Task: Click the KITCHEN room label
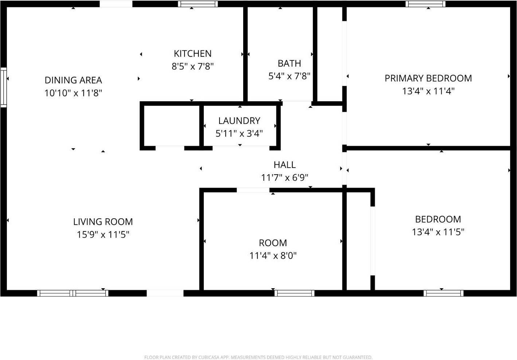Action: pyautogui.click(x=193, y=54)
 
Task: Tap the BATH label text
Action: pyautogui.click(x=289, y=63)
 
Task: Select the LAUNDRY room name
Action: pyautogui.click(x=239, y=121)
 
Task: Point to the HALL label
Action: pyautogui.click(x=284, y=165)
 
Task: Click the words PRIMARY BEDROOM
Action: pyautogui.click(x=428, y=78)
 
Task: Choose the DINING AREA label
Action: pyautogui.click(x=73, y=80)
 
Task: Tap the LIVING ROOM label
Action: pyautogui.click(x=103, y=222)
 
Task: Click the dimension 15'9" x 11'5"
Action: pyautogui.click(x=103, y=234)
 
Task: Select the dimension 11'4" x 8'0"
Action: pyautogui.click(x=273, y=255)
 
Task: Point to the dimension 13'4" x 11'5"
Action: pyautogui.click(x=438, y=232)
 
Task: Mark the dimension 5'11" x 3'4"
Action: pyautogui.click(x=239, y=133)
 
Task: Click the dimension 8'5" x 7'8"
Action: pyautogui.click(x=193, y=66)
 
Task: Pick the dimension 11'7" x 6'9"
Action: pyautogui.click(x=284, y=177)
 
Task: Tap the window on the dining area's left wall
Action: pyautogui.click(x=3, y=87)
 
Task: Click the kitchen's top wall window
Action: pyautogui.click(x=198, y=4)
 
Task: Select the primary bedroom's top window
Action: pyautogui.click(x=425, y=4)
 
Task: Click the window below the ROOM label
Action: pyautogui.click(x=295, y=293)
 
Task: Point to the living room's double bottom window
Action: pyautogui.click(x=73, y=293)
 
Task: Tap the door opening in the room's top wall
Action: pyautogui.click(x=253, y=190)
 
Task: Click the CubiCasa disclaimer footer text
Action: pyautogui.click(x=258, y=357)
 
